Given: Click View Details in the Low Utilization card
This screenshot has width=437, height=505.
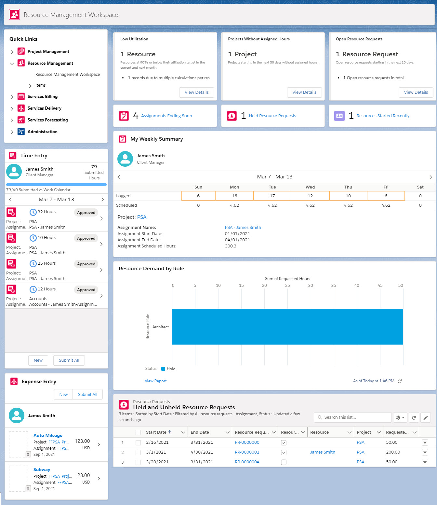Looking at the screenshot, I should click(x=196, y=92).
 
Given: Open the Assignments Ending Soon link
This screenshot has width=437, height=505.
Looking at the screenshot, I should click(x=166, y=116).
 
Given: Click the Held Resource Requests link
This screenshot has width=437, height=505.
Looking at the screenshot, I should click(x=272, y=116).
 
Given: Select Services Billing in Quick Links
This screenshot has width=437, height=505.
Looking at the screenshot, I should click(x=42, y=97).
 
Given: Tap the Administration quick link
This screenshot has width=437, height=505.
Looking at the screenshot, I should click(x=42, y=132).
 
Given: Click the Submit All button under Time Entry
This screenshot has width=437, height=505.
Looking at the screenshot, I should click(x=69, y=360).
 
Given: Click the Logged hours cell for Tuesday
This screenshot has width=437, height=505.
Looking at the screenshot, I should click(x=272, y=196).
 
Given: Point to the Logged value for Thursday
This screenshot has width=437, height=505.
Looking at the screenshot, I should click(x=348, y=196).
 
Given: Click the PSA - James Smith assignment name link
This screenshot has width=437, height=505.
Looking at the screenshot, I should click(x=243, y=228).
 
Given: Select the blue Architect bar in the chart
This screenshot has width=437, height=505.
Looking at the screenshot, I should click(x=287, y=327).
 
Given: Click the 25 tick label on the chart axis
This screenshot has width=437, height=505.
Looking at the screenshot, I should click(x=287, y=286).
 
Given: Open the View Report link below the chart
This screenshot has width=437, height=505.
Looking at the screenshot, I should click(x=155, y=381).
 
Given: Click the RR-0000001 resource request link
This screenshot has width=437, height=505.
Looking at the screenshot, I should click(x=247, y=452).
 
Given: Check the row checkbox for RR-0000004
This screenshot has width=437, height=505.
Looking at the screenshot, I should click(x=138, y=462).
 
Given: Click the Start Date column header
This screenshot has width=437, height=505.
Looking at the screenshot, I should click(x=156, y=432).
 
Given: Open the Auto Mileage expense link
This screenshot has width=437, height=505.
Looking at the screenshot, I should click(x=48, y=436).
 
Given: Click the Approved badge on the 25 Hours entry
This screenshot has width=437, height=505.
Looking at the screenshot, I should click(x=86, y=264).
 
